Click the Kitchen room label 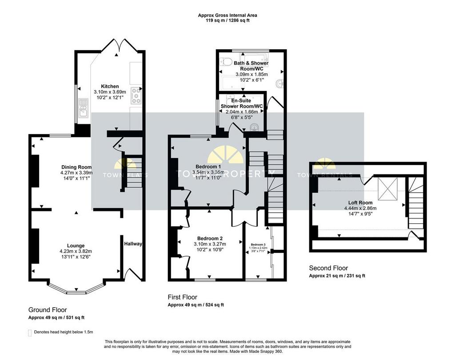[x=110, y=86]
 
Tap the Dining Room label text [x=76, y=167]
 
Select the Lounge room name [x=76, y=245]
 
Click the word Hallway [x=133, y=244]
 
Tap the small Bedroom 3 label [x=257, y=245]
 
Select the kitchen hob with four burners [x=136, y=95]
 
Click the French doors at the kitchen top [x=118, y=46]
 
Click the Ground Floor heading [x=48, y=310]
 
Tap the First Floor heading [x=182, y=297]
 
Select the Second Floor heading [x=328, y=268]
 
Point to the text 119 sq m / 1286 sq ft [x=227, y=20]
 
